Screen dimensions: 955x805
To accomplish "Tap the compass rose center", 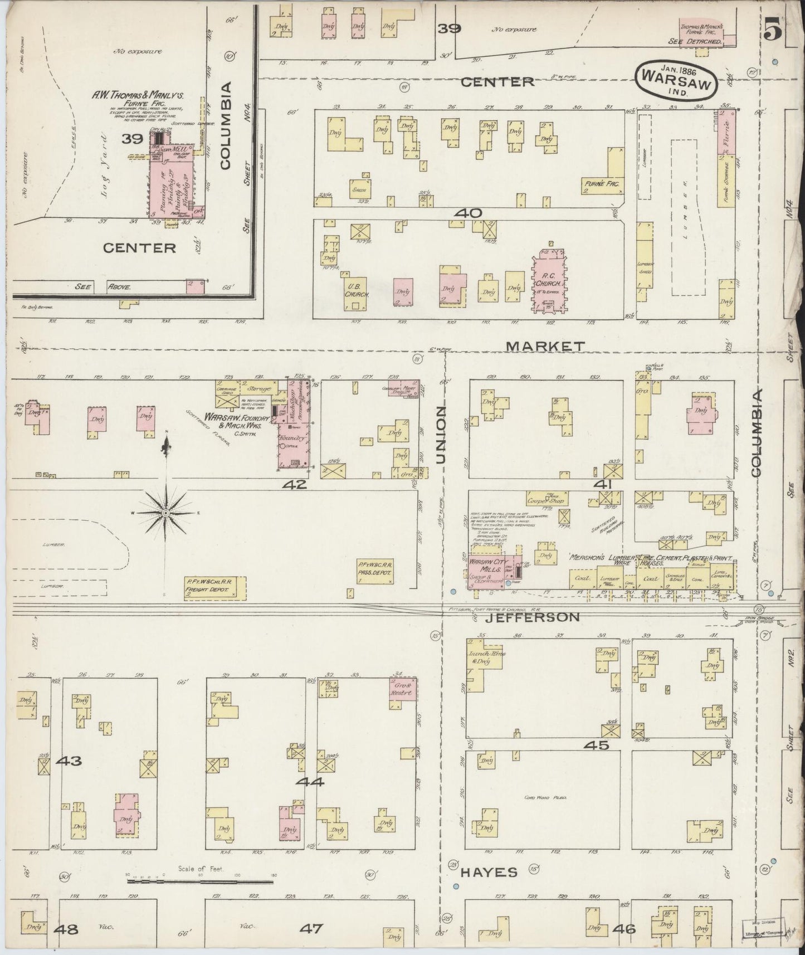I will pyautogui.click(x=166, y=511).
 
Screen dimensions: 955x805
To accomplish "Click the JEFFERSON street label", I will pyautogui.click(x=532, y=617).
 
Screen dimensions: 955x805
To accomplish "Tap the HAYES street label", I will pyautogui.click(x=490, y=873).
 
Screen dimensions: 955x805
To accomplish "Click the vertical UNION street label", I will pyautogui.click(x=442, y=435).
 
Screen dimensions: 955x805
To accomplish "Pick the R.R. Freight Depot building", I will pyautogui.click(x=216, y=588).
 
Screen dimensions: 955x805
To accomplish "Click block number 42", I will pyautogui.click(x=294, y=485).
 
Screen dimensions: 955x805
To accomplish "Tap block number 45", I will pyautogui.click(x=596, y=745).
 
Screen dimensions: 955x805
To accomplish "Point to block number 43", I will pyautogui.click(x=69, y=761).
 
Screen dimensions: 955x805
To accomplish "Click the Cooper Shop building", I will pyautogui.click(x=548, y=498).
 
